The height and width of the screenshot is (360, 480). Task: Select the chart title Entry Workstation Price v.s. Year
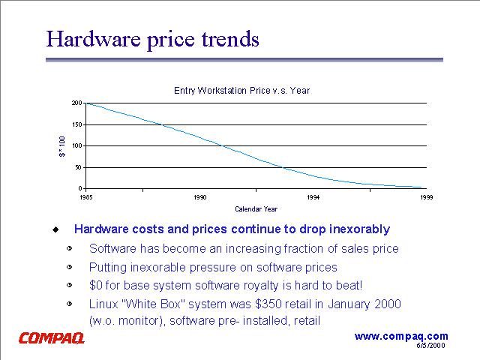click(241, 91)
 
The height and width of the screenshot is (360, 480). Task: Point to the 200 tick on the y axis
click(77, 103)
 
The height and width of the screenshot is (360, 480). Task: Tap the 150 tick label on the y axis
click(77, 124)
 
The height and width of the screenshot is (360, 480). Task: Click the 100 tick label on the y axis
click(77, 145)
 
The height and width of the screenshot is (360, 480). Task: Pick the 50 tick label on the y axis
click(79, 166)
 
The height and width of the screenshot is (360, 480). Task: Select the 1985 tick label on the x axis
click(85, 196)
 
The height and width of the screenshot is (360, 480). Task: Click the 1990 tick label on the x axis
click(199, 196)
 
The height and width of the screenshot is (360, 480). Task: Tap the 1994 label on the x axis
click(313, 196)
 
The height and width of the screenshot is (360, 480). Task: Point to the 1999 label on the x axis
click(426, 196)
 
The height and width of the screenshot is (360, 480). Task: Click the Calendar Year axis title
click(256, 209)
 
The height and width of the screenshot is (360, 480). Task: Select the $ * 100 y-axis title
click(63, 145)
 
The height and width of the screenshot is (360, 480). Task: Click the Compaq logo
click(51, 338)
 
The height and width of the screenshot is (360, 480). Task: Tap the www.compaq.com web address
click(401, 336)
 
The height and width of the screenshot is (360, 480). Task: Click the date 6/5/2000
click(431, 346)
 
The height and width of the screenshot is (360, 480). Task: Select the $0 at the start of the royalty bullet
click(96, 285)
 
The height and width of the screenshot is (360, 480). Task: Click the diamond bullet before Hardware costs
click(55, 229)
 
